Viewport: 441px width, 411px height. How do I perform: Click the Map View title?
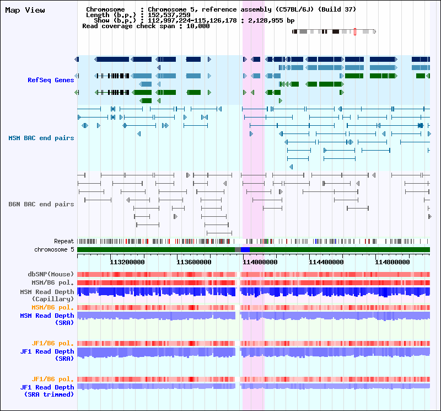25,10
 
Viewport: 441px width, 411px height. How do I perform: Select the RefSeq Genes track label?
51,80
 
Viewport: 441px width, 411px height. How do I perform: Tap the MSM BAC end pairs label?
41,138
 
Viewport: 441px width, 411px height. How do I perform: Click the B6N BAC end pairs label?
41,204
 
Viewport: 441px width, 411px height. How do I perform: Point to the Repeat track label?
64,241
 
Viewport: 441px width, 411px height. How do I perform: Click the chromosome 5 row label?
54,250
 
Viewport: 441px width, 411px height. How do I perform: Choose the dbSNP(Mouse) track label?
51,274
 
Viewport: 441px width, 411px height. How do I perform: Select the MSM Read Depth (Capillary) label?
47,295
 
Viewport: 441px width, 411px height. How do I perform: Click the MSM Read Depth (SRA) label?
47,319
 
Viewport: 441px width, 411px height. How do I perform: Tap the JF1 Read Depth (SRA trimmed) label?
47,391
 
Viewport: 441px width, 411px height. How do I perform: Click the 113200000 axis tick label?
127,262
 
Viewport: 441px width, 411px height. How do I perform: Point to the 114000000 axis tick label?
260,262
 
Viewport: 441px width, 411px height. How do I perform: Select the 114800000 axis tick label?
392,262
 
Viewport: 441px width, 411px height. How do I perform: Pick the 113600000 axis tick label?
194,262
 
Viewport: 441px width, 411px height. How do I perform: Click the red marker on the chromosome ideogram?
355,31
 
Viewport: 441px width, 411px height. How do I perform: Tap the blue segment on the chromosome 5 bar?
245,250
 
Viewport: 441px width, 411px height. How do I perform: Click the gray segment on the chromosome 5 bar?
238,250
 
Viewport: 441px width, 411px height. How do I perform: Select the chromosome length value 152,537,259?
169,15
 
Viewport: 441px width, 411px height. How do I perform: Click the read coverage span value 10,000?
198,26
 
